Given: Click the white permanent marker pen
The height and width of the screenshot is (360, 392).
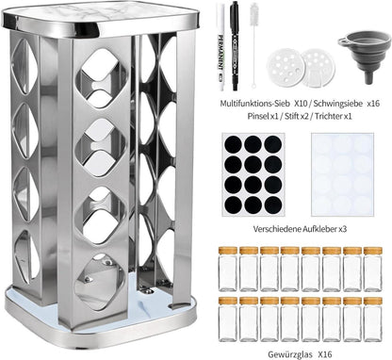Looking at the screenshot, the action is [x=220, y=47].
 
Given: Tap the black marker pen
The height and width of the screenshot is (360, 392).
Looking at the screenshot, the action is [x=234, y=46].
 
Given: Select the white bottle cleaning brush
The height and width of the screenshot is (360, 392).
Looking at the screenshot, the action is [x=253, y=45].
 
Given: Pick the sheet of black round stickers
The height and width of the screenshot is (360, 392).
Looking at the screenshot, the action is [x=253, y=174].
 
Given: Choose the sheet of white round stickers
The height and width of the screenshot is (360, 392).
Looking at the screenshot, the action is [x=342, y=174].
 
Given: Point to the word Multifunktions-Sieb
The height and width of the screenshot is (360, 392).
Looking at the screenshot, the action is [x=255, y=104].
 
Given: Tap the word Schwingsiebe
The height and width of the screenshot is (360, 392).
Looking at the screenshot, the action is [x=339, y=104].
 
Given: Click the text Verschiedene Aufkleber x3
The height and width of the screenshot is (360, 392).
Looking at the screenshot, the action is [x=300, y=229].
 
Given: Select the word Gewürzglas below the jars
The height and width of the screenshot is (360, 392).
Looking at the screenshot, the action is [x=290, y=354].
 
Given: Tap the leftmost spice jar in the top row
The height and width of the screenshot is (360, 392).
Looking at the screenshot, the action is [x=228, y=269].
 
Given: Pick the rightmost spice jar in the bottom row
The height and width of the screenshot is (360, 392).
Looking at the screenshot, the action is [x=373, y=319].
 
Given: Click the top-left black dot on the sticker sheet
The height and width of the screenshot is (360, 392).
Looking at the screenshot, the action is [x=234, y=145].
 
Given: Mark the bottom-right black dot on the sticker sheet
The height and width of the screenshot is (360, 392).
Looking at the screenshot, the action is [x=273, y=205].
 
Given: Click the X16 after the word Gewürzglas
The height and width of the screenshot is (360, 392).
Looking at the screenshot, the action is [x=325, y=354].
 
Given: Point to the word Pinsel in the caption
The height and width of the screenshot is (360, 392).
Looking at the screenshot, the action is [x=258, y=116].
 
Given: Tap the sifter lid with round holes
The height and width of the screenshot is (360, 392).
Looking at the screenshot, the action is [x=285, y=66].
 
